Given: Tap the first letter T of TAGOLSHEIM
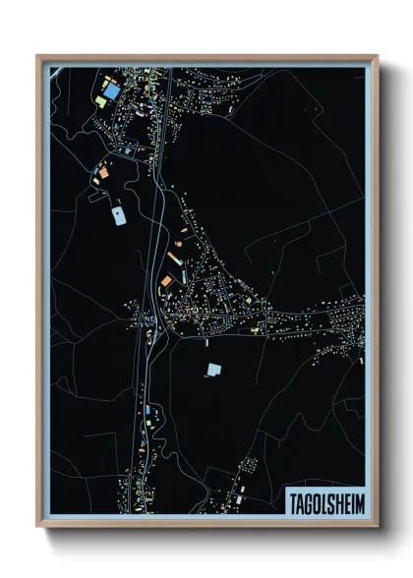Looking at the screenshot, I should point(291,501).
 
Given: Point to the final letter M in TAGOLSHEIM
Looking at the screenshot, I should point(357,501).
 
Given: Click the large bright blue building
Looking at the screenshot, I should point(113,90).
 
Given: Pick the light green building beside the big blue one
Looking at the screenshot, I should point(100,100).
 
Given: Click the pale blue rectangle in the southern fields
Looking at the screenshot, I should point(214,371).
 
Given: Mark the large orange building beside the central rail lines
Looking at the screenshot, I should point(166,281).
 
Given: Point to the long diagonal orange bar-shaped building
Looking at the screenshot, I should point(173,258).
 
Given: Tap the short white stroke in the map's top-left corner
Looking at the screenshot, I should point(58,69).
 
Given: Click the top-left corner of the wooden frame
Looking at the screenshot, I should point(38,56).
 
